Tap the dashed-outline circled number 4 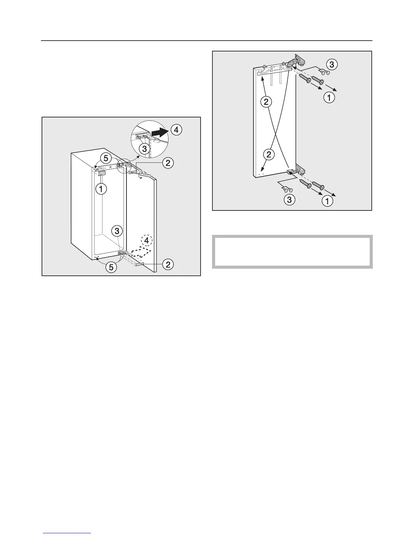click(x=147, y=241)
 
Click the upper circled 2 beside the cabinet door click(x=167, y=163)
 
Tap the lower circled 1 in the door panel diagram click(x=327, y=201)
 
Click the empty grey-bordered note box click(x=292, y=252)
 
